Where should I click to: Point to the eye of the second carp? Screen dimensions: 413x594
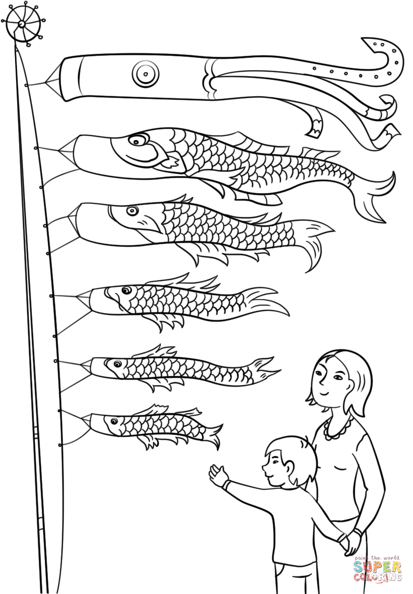point(132,210)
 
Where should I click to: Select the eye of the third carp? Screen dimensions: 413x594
point(125,290)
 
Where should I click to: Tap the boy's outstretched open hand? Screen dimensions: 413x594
point(219,475)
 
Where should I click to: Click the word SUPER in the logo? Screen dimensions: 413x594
point(377,567)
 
